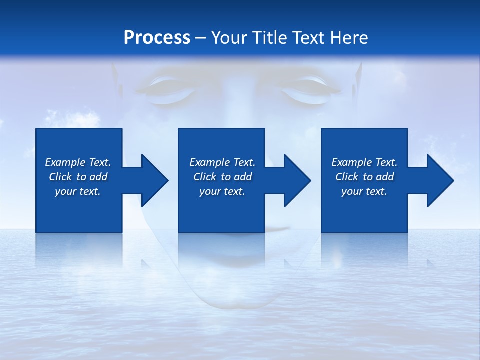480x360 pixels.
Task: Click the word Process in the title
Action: coord(157,38)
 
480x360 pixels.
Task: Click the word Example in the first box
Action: coord(65,162)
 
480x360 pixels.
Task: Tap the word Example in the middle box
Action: coord(209,162)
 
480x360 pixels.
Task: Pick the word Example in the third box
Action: coord(351,162)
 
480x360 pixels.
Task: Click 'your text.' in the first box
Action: coord(78,191)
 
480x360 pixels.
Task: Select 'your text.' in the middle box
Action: coord(222,191)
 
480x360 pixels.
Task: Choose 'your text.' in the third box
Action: coord(364,191)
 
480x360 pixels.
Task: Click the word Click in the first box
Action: coord(60,177)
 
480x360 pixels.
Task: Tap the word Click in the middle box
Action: coord(205,177)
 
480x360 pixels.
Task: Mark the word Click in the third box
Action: coord(347,177)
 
